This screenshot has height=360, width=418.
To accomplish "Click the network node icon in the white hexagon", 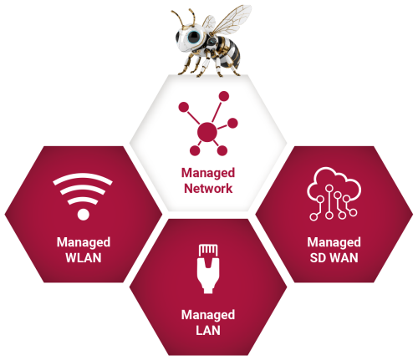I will pyautogui.click(x=207, y=128).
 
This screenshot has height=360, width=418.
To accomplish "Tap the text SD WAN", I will pyautogui.click(x=333, y=256).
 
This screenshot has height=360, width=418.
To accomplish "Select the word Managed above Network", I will pyautogui.click(x=207, y=173).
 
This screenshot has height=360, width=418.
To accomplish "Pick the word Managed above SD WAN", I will pyautogui.click(x=333, y=242).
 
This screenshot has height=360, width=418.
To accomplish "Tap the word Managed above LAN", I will pyautogui.click(x=207, y=314).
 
